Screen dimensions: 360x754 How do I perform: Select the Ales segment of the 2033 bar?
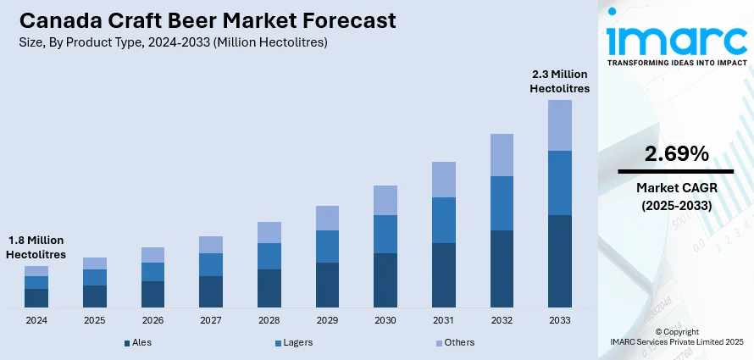click(560, 261)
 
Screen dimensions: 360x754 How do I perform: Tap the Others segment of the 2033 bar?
click(560, 125)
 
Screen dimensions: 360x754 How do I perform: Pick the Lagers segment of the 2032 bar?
click(502, 203)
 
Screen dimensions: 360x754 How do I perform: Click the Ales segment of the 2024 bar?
click(36, 297)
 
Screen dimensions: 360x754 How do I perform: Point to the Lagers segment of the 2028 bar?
click(269, 256)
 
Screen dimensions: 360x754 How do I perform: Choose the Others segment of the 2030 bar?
click(385, 200)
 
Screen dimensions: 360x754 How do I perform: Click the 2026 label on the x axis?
click(152, 321)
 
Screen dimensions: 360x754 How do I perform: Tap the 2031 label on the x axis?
click(444, 321)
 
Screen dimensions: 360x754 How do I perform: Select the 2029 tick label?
click(327, 321)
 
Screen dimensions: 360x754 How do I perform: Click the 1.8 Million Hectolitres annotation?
click(36, 247)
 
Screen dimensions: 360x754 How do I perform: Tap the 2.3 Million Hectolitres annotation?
click(560, 81)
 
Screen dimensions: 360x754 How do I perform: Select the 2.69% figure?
click(676, 154)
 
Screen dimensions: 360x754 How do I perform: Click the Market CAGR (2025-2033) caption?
click(676, 197)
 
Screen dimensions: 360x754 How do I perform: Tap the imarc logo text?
click(675, 37)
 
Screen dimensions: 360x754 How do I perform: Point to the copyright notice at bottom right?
click(676, 335)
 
